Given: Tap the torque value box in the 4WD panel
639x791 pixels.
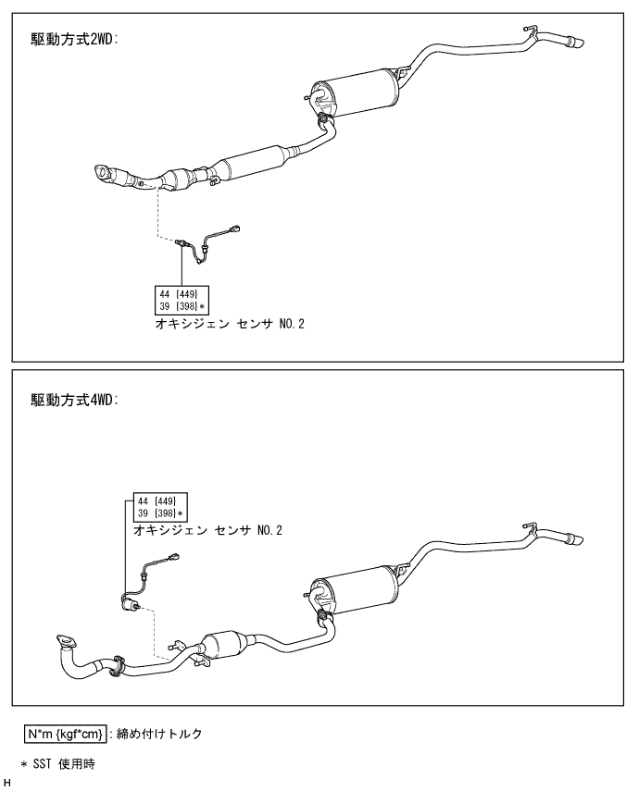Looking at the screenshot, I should (x=159, y=508).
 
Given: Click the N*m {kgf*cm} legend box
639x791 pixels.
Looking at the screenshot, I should (x=65, y=734).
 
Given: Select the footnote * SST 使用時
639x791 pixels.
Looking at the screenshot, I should (x=58, y=764).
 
